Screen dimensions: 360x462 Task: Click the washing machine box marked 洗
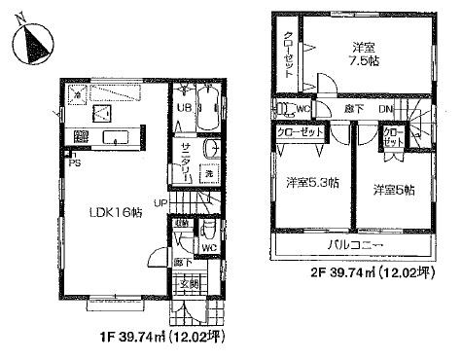coord(208,173)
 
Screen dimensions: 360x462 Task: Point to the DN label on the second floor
coord(384,110)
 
